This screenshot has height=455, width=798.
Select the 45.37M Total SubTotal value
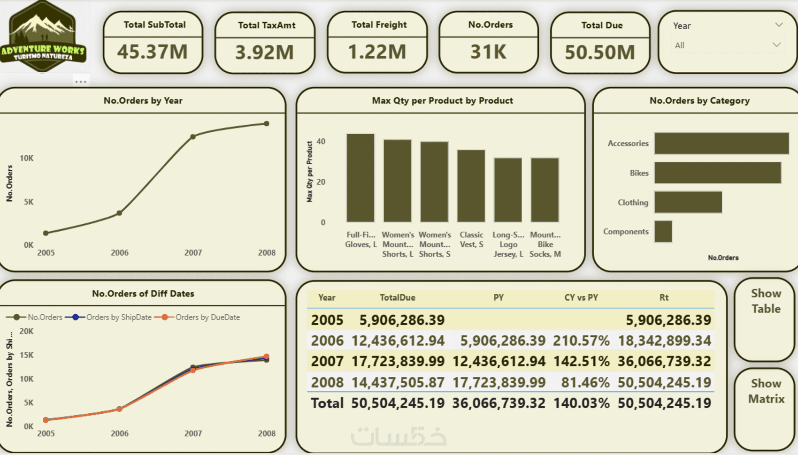(153, 52)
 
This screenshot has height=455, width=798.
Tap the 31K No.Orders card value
(489, 52)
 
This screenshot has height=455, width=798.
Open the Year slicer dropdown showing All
(727, 45)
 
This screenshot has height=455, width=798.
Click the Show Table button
(766, 301)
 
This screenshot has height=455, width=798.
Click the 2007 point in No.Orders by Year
(193, 136)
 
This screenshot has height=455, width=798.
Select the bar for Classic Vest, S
(471, 186)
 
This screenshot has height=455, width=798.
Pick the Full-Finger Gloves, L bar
(361, 178)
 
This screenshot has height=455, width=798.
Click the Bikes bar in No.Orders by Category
(717, 173)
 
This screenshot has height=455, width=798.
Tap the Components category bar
(663, 231)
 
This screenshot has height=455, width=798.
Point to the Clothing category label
(633, 203)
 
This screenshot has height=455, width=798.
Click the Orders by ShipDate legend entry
(118, 317)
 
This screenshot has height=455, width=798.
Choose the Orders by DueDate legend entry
(207, 317)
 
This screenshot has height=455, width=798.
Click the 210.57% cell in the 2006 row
(581, 341)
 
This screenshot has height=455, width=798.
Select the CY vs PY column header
(581, 297)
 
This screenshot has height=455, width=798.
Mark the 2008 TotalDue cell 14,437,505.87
(398, 382)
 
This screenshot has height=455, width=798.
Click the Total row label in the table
(327, 403)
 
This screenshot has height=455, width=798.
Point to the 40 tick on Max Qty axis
(321, 141)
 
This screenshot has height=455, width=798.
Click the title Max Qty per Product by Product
(442, 100)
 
